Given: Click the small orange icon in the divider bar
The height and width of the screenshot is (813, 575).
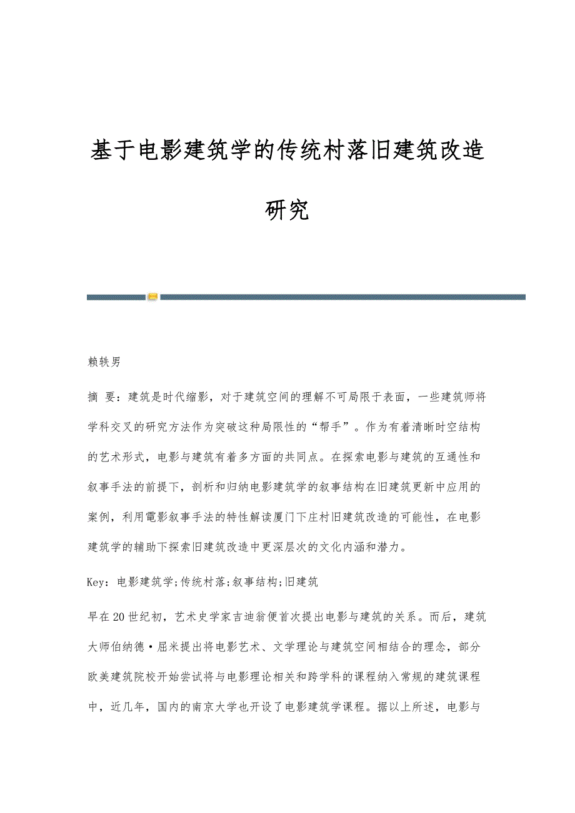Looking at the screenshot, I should point(153,297).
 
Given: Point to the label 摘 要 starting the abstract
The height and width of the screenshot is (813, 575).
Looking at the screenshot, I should point(102,397).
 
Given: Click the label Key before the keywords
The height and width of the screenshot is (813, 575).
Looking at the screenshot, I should point(97,582).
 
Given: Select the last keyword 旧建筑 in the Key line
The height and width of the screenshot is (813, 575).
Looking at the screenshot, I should point(301,582).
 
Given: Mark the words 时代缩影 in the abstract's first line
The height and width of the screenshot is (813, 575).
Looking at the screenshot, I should point(181,397).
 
